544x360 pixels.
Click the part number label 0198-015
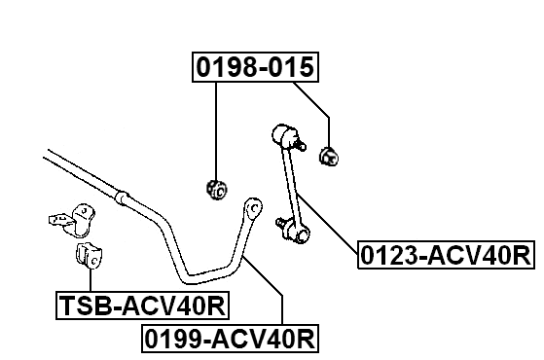(x=256, y=67)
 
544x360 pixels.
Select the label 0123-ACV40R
(x=446, y=256)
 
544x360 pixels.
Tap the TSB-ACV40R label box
(x=141, y=307)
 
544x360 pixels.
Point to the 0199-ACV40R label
(x=232, y=340)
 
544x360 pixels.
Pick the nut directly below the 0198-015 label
(x=216, y=186)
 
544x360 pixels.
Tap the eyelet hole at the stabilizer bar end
(x=254, y=207)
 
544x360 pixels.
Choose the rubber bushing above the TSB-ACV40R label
(x=91, y=257)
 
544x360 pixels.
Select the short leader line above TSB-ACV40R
(x=91, y=282)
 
